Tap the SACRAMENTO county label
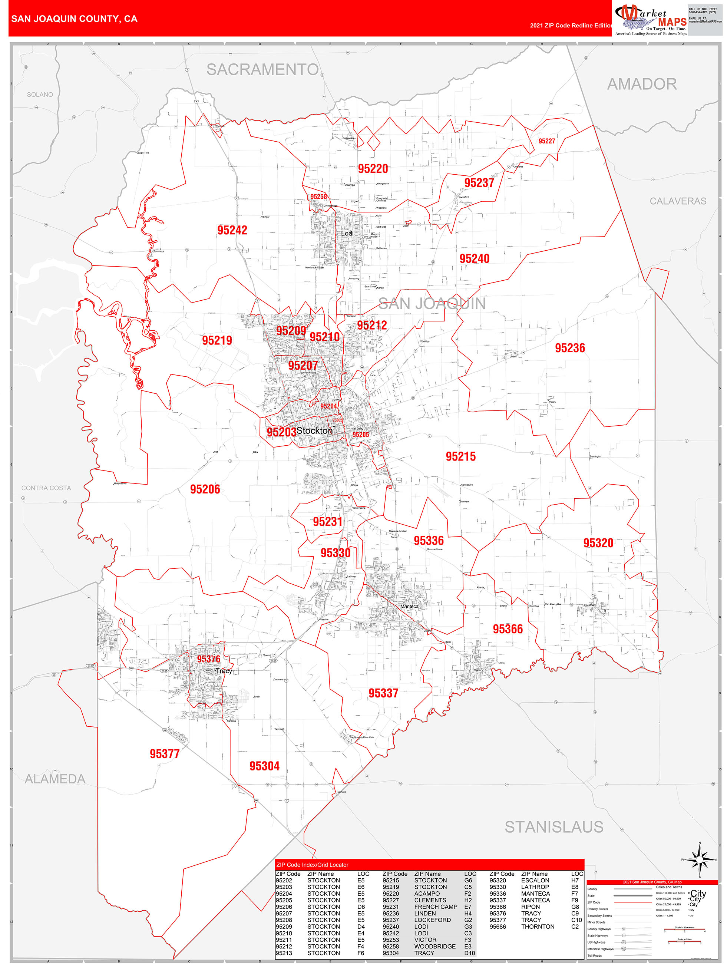[x=262, y=70]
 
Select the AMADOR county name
[x=642, y=84]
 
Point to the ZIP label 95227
[x=546, y=141]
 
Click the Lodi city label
[x=347, y=234]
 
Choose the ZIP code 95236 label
[x=570, y=348]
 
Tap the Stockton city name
[x=314, y=430]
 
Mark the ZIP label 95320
[x=598, y=543]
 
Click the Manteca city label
[x=409, y=606]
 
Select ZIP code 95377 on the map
[x=164, y=754]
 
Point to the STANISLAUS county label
[x=553, y=827]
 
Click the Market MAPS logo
[x=650, y=20]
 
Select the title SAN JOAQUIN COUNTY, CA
[x=74, y=19]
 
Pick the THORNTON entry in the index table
[x=538, y=927]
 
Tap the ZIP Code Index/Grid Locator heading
[x=312, y=865]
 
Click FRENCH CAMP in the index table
[x=435, y=907]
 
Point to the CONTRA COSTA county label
[x=46, y=488]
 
